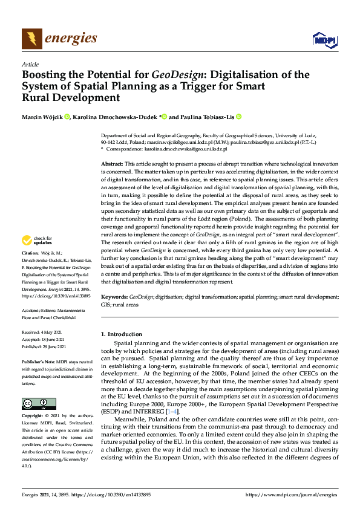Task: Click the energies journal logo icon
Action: (x=31, y=39)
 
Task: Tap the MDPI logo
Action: (x=323, y=40)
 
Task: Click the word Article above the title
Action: (x=30, y=63)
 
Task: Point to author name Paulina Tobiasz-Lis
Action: (x=207, y=117)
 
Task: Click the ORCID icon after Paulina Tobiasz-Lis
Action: (x=239, y=117)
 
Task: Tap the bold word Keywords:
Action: (x=114, y=297)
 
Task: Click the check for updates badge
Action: (x=38, y=241)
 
